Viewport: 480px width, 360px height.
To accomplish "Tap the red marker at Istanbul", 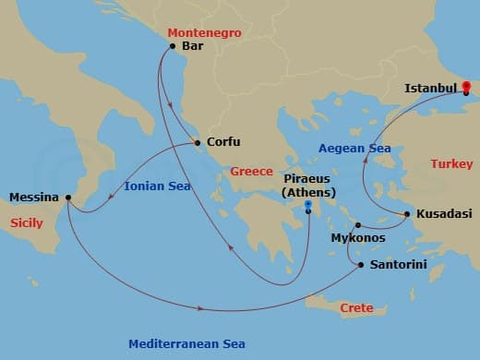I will [466, 86].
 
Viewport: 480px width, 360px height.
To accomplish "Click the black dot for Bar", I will [173, 45].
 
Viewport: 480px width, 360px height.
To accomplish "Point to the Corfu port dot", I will [197, 142].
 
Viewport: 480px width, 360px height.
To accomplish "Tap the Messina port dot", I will [68, 197].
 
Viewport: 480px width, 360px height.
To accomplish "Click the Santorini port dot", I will [360, 265].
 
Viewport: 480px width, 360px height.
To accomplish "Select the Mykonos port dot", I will [357, 224].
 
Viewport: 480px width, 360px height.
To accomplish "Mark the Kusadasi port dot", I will [407, 214].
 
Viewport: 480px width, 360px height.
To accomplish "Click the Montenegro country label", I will [204, 32].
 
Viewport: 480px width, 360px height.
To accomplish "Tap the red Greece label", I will [252, 172].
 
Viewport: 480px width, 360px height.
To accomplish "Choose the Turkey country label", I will [451, 164].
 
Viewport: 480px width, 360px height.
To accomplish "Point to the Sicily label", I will [27, 223].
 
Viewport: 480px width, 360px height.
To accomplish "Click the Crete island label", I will [356, 307].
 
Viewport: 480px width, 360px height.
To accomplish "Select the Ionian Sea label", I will [157, 186].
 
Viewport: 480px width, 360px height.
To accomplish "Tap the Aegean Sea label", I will [354, 148].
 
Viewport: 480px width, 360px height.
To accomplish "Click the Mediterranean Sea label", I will [186, 343].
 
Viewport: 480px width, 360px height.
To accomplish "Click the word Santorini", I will [398, 264].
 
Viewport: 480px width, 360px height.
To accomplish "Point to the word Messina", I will [33, 197].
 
